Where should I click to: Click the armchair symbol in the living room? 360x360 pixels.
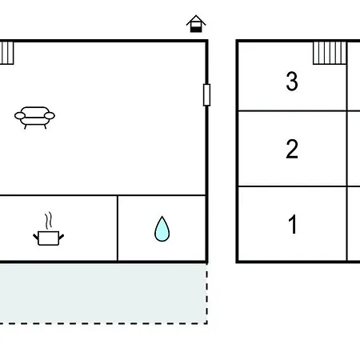(34, 118)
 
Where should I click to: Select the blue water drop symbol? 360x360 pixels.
(162, 229)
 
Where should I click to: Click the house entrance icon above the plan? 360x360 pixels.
(196, 24)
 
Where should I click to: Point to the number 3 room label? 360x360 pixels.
(292, 81)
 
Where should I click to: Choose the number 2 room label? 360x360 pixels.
(292, 149)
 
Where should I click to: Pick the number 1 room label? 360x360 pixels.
(293, 224)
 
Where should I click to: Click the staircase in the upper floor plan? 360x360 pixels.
(330, 53)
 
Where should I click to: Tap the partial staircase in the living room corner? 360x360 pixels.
(6, 53)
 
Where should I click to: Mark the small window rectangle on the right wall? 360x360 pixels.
(206, 95)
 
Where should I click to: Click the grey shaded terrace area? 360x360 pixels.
(103, 294)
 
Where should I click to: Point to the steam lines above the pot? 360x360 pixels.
(48, 221)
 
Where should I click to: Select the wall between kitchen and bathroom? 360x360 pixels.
(118, 228)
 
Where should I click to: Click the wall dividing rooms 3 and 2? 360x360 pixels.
(292, 110)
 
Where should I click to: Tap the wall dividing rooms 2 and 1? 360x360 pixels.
(292, 186)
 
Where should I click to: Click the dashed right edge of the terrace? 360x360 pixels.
(207, 294)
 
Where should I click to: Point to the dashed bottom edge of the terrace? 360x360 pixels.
(103, 323)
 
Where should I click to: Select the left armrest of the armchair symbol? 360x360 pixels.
(20, 116)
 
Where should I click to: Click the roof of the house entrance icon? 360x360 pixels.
(196, 20)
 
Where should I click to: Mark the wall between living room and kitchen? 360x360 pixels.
(102, 195)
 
